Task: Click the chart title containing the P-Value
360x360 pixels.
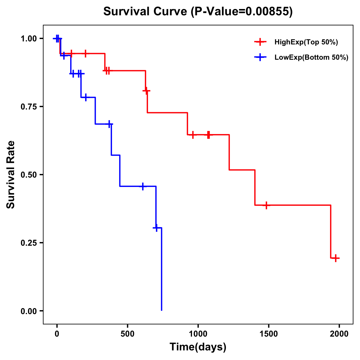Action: pyautogui.click(x=198, y=11)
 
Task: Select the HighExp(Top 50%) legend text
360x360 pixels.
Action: pyautogui.click(x=306, y=42)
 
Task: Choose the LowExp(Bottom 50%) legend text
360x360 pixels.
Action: pyautogui.click(x=311, y=57)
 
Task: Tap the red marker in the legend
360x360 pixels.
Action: pyautogui.click(x=260, y=42)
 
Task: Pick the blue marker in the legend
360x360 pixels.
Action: pyautogui.click(x=260, y=57)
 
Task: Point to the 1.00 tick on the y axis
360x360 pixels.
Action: pyautogui.click(x=29, y=39)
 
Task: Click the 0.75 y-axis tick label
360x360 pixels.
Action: pyautogui.click(x=29, y=107)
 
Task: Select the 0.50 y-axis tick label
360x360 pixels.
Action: pyautogui.click(x=29, y=175)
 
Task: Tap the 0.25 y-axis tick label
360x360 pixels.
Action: pyautogui.click(x=29, y=243)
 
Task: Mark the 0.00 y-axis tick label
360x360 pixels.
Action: pyautogui.click(x=29, y=311)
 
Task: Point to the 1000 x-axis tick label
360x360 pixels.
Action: pyautogui.click(x=198, y=334)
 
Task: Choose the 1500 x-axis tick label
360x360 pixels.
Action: pyautogui.click(x=268, y=334)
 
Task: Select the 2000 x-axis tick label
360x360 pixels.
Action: pyautogui.click(x=339, y=334)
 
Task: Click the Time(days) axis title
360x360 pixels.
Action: pyautogui.click(x=198, y=347)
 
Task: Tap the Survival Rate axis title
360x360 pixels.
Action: pyautogui.click(x=11, y=175)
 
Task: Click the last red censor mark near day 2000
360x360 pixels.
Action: pyautogui.click(x=336, y=258)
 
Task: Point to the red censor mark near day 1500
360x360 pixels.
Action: pyautogui.click(x=266, y=205)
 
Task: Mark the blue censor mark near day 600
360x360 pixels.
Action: pyautogui.click(x=143, y=186)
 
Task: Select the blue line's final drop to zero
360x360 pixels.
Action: pyautogui.click(x=162, y=270)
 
